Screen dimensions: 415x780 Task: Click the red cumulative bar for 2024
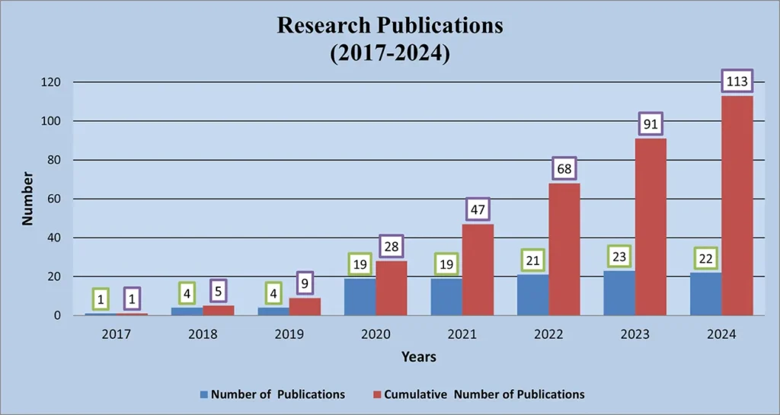(737, 206)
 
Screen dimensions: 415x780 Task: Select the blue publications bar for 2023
(619, 293)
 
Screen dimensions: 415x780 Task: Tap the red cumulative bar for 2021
(478, 270)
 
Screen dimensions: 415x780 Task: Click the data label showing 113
(737, 81)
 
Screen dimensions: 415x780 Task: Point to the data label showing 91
(651, 123)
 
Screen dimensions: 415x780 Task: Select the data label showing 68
(564, 168)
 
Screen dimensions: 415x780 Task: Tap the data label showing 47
(478, 209)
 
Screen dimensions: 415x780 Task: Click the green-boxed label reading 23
(619, 257)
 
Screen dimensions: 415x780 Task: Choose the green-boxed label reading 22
(705, 259)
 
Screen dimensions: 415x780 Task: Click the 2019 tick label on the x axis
(289, 334)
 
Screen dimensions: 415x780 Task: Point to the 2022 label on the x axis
(548, 334)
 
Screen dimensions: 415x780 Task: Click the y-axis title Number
(27, 198)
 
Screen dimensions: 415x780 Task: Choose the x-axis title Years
(418, 356)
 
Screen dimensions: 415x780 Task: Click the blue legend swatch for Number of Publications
(203, 394)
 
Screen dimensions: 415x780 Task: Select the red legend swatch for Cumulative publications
(376, 394)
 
